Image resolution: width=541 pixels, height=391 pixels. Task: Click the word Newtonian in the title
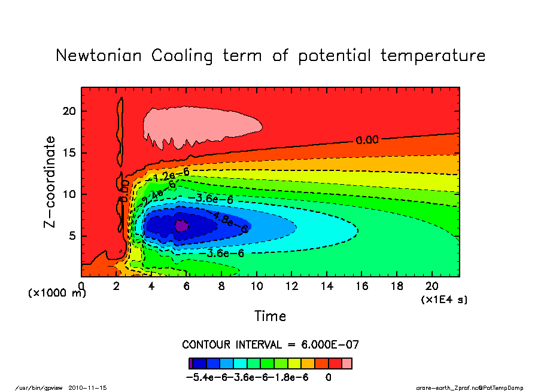coord(99,56)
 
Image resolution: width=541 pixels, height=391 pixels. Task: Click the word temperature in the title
coord(433,56)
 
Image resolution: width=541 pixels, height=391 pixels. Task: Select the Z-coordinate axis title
coord(50,182)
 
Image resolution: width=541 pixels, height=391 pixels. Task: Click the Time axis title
coord(270,316)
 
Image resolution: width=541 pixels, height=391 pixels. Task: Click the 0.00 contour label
coord(367,140)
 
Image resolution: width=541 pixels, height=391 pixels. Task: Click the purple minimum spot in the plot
coord(181,225)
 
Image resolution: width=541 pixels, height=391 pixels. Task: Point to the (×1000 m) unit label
coord(57,294)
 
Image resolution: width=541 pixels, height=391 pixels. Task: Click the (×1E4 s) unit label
coord(444,299)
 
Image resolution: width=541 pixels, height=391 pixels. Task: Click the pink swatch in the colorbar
coord(347,363)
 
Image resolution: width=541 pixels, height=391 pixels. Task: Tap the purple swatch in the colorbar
coord(190,363)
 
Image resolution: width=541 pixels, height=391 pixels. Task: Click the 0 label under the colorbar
coord(329,378)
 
